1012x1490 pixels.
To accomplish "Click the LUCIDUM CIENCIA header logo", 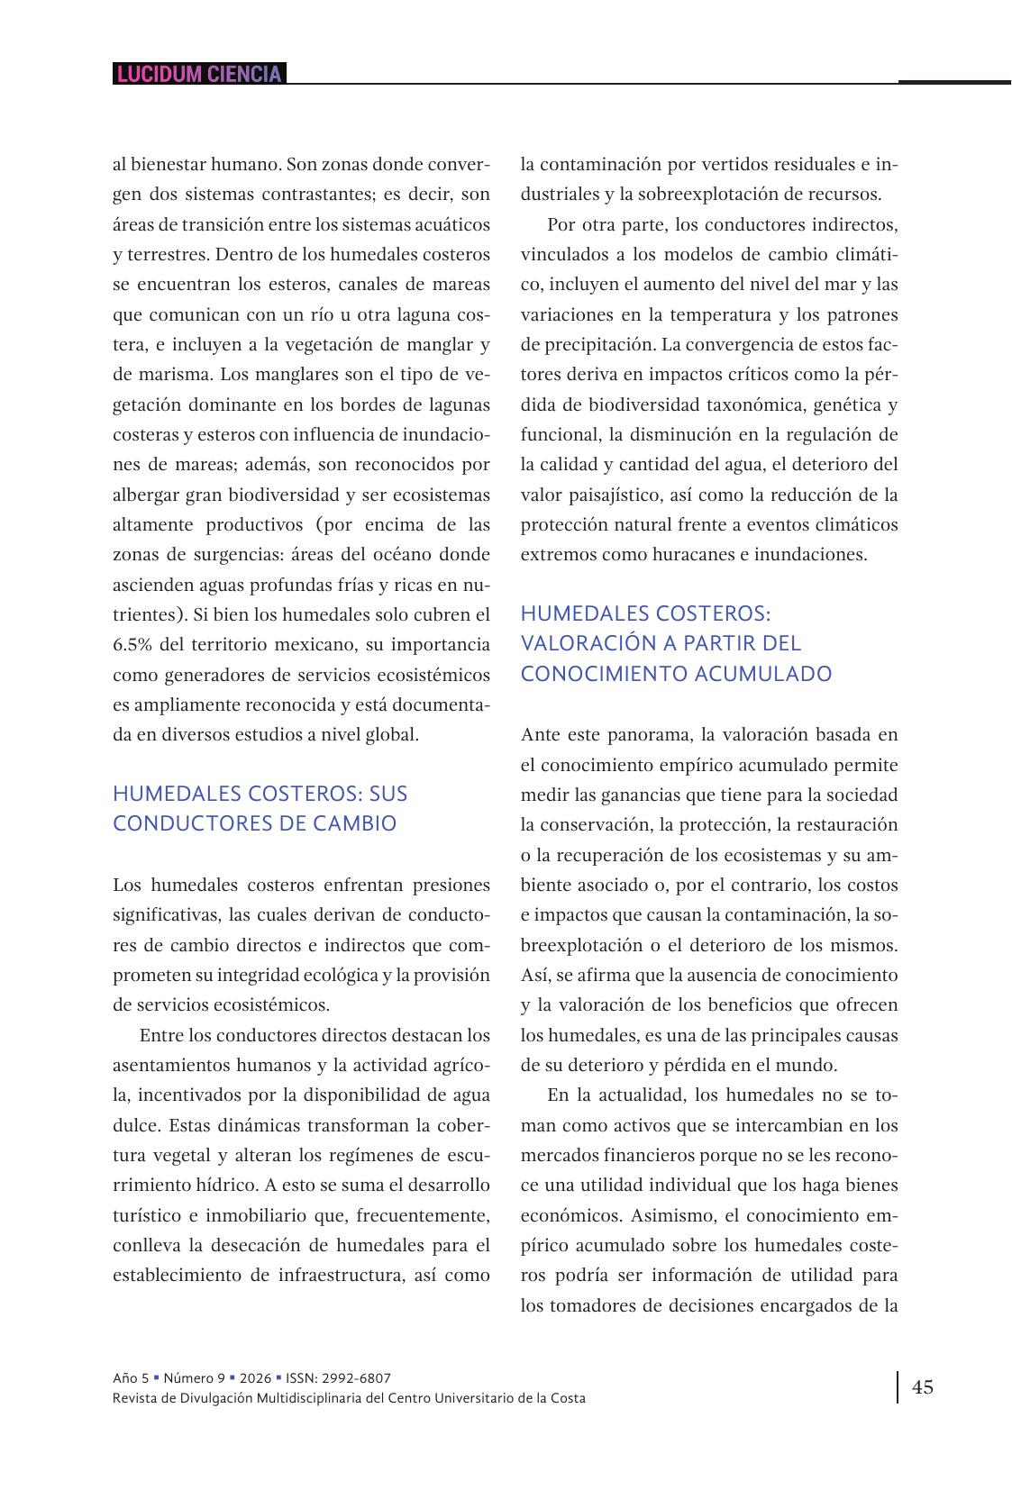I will [199, 74].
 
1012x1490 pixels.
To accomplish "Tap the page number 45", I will [923, 1386].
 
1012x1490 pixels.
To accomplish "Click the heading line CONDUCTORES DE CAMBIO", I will [254, 823].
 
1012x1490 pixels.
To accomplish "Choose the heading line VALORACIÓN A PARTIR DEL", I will [661, 643].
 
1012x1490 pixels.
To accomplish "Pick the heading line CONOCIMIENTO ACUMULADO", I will [676, 674].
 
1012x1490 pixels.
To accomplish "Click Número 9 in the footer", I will [195, 1378].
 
